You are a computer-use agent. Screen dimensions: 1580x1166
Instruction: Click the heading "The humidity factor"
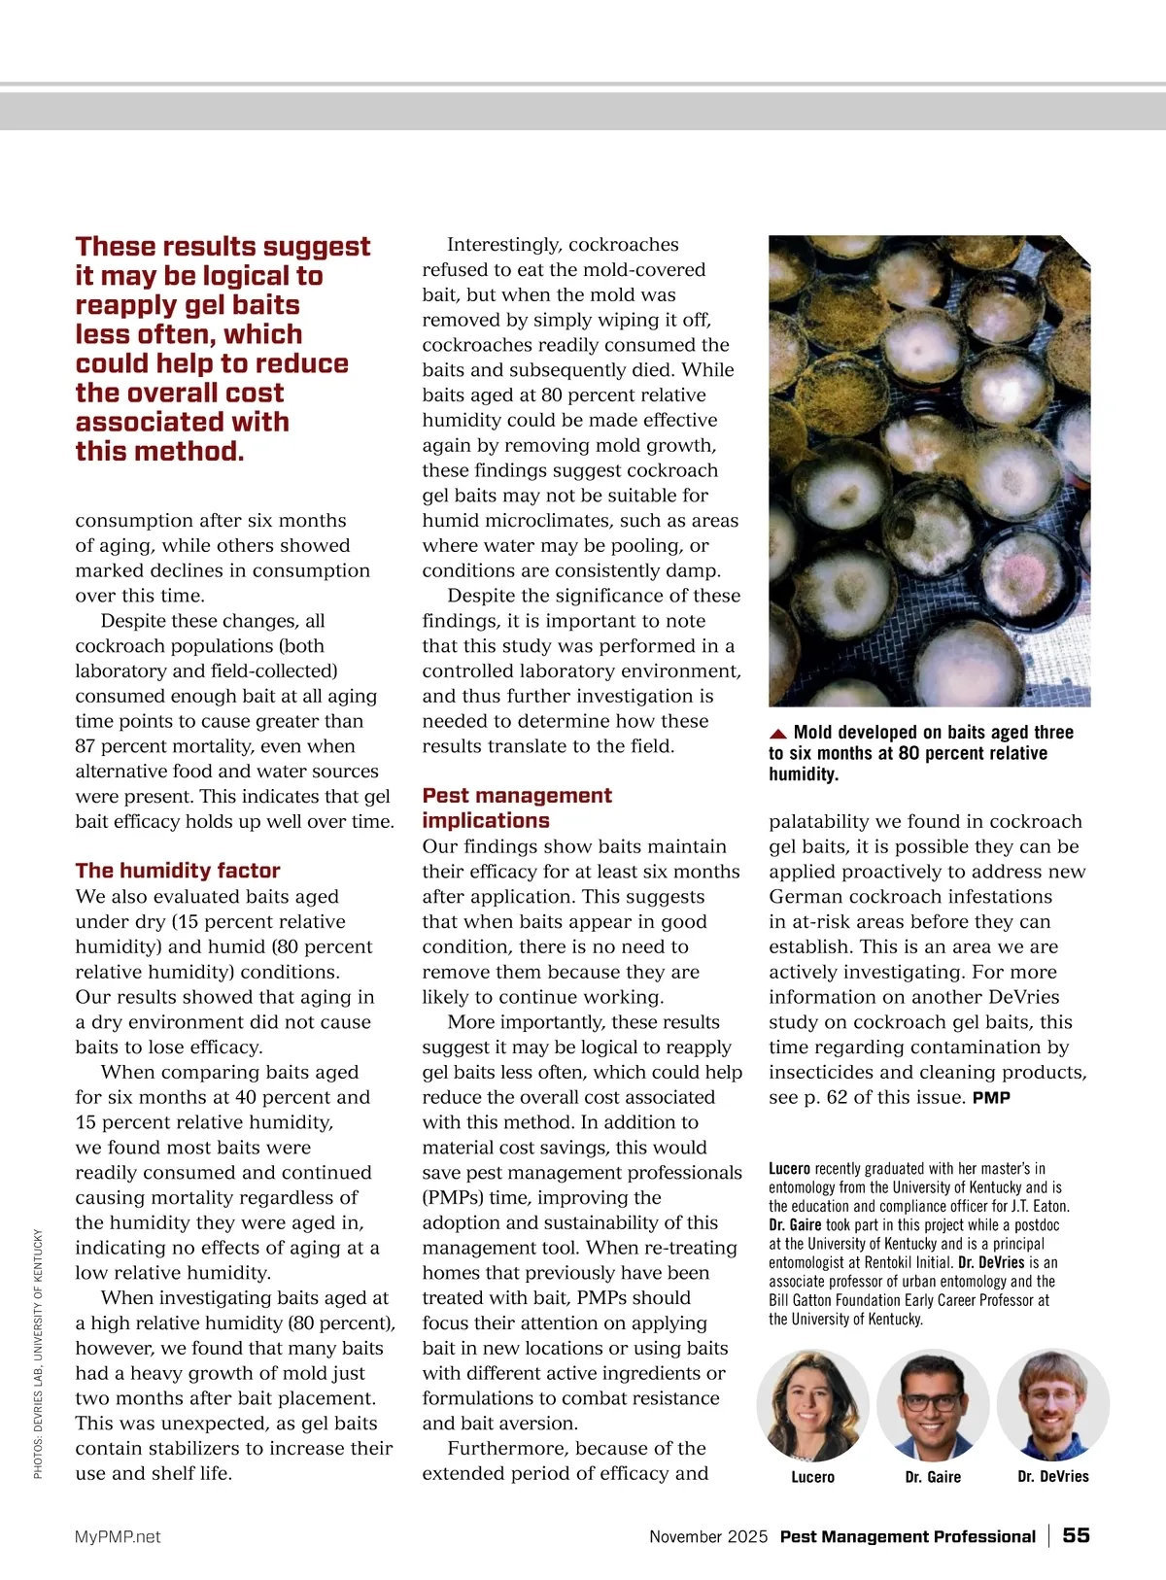[178, 871]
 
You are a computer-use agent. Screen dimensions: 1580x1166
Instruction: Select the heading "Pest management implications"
[517, 807]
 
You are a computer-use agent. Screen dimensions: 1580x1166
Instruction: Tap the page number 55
[1076, 1535]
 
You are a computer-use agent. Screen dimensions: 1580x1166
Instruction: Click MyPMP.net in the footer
[118, 1536]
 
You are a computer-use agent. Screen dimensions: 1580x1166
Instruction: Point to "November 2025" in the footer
[708, 1536]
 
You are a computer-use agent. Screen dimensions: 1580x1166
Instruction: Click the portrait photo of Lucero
[813, 1405]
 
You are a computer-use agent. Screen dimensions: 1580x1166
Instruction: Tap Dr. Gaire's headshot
[933, 1405]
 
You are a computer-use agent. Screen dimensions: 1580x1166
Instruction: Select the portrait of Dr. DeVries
[1053, 1405]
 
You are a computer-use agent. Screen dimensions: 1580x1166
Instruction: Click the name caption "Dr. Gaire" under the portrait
[933, 1477]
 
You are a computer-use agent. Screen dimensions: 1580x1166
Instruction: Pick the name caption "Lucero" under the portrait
[813, 1477]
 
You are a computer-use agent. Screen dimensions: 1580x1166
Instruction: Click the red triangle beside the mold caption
[777, 734]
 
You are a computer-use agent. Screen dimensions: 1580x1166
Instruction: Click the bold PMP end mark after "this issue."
[991, 1098]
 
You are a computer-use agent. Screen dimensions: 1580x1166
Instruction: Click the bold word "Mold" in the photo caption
[813, 733]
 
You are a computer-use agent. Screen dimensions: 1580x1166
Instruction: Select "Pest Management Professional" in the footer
[908, 1536]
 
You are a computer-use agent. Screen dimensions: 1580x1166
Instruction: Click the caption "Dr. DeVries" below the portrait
[1053, 1477]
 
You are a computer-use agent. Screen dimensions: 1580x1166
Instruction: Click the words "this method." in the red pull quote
[159, 452]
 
